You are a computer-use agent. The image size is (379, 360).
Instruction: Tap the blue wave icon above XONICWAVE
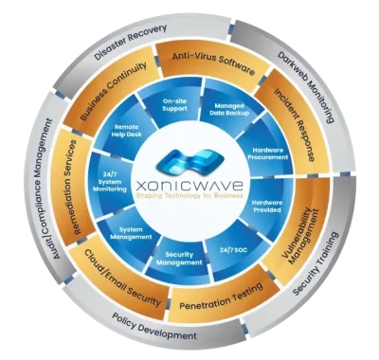click(189, 160)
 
